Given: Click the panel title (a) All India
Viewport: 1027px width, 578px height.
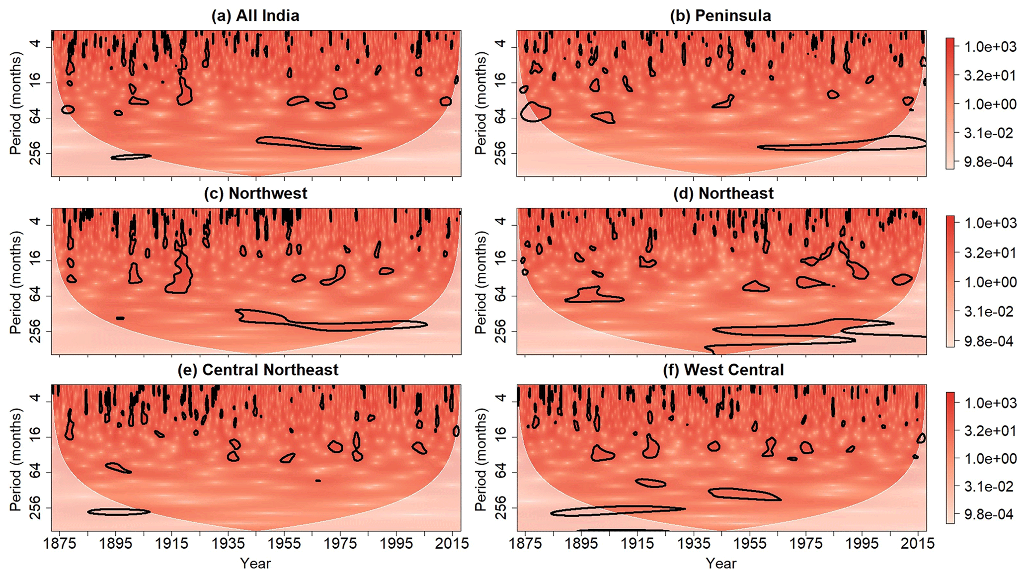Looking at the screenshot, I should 255,16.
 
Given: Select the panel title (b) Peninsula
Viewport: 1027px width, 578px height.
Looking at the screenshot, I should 720,16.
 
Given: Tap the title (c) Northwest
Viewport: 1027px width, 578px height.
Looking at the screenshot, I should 255,193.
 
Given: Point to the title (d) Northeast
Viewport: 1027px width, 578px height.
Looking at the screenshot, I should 723,193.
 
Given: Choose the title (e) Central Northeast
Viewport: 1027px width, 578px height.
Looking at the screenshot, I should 258,370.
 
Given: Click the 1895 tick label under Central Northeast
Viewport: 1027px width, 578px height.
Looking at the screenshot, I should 115,543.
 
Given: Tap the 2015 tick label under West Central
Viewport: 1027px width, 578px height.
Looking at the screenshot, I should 918,543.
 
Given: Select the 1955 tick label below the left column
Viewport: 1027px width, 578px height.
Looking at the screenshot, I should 284,543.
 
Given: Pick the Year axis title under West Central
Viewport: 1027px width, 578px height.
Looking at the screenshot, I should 721,564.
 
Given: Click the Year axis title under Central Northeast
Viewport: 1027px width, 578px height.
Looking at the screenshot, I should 255,564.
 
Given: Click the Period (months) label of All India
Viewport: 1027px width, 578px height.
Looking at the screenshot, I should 16,104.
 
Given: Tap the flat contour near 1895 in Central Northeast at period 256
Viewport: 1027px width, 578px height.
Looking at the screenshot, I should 118,512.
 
